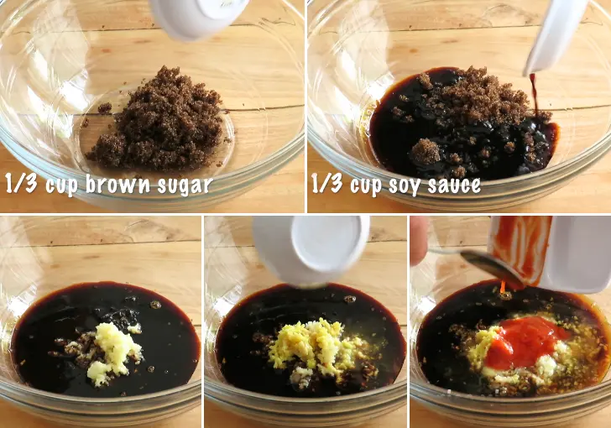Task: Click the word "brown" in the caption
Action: click(x=117, y=184)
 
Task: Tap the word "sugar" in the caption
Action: click(x=185, y=186)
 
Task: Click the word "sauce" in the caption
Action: click(x=454, y=185)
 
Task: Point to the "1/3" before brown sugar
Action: click(x=22, y=183)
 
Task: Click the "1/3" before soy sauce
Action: click(x=327, y=184)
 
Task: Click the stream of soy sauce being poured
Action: click(x=534, y=93)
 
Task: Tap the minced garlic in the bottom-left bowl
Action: click(x=112, y=353)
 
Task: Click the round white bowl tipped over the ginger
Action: click(x=311, y=249)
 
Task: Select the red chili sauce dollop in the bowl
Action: click(x=524, y=342)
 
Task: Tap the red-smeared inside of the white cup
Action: click(x=520, y=246)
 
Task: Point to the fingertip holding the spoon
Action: click(x=419, y=240)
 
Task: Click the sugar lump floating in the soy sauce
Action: click(x=426, y=151)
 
